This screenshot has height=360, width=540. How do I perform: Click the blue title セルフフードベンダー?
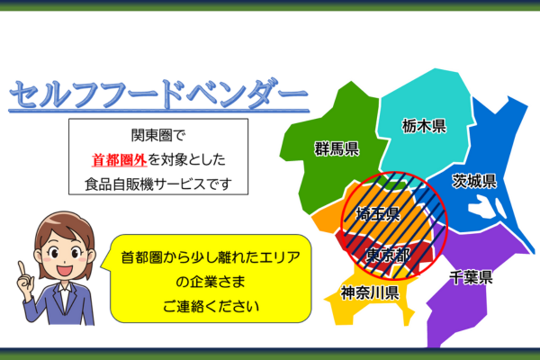pos(158,94)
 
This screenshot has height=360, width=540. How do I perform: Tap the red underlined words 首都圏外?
pos(119,160)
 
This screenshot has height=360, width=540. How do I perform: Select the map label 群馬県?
pos(337,148)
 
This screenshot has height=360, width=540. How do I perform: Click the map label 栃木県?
pos(424,126)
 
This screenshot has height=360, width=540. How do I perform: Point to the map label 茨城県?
pos(474,181)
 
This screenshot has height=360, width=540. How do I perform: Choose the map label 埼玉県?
pos(378,214)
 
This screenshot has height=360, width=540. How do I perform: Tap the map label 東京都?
pos(388,256)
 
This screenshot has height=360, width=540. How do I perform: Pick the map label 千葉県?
pos(471,277)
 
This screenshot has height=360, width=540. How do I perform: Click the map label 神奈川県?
pos(370,292)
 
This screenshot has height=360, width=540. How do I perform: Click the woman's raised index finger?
pos(22,269)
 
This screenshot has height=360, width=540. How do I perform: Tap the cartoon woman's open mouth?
pos(65,269)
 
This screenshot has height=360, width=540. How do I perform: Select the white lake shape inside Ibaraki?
pos(486,206)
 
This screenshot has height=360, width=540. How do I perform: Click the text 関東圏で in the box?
pos(158,135)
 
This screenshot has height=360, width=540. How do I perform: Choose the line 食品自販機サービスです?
pos(158,184)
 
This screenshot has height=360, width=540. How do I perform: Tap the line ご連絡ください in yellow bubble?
pos(211,306)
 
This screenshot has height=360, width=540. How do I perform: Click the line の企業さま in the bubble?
pos(211,282)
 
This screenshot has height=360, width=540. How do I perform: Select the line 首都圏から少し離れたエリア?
pos(211,257)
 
